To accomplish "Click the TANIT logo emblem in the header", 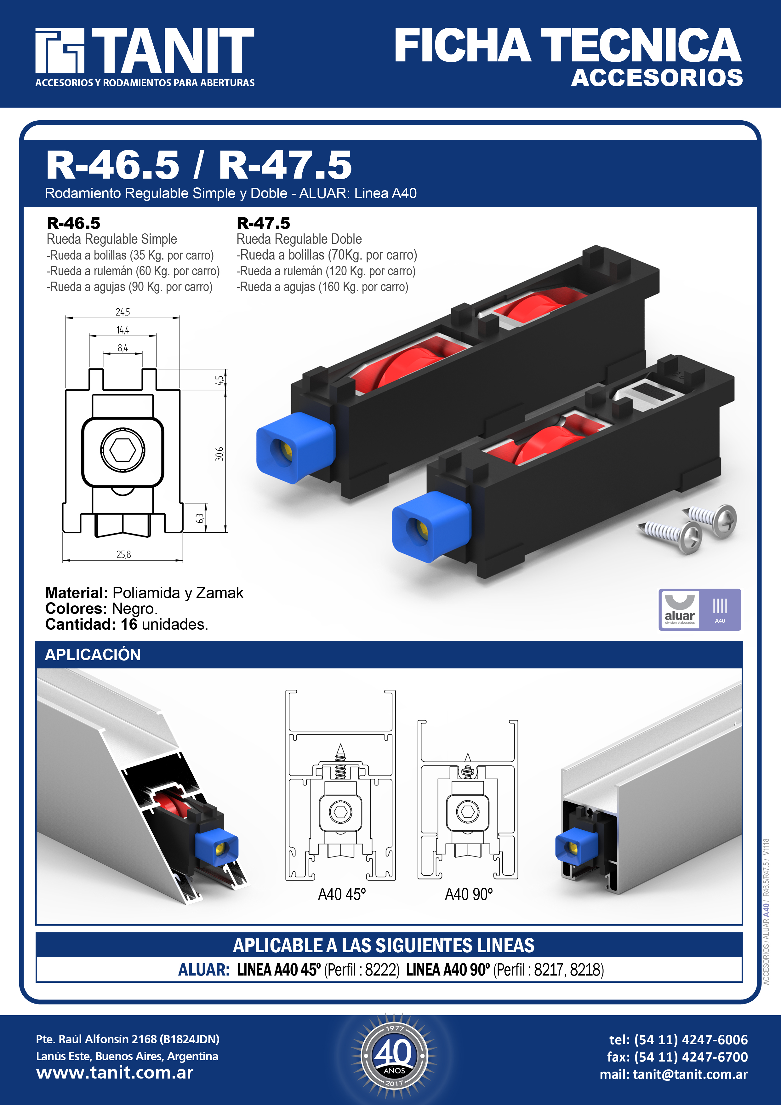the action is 60,50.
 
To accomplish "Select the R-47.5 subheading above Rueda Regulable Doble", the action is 263,223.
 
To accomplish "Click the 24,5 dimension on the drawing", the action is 123,312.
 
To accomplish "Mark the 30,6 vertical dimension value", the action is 219,454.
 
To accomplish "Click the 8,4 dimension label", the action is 123,347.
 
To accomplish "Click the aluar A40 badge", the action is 700,609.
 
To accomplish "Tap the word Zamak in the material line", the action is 219,593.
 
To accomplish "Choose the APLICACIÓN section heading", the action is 93,655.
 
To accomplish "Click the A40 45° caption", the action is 342,894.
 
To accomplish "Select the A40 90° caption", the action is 469,894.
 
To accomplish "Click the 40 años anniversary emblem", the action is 394,1056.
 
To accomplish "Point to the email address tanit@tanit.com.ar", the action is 690,1074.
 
